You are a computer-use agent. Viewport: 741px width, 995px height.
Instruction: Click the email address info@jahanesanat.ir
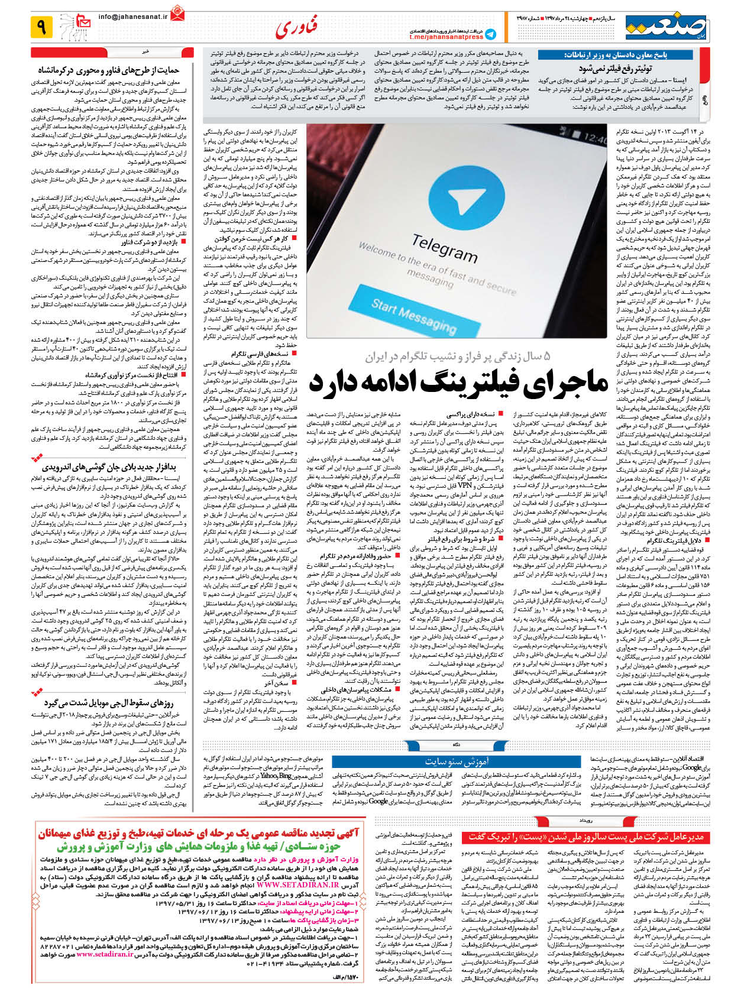[x=133, y=17]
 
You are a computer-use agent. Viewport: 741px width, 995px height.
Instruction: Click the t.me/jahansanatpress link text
[x=446, y=37]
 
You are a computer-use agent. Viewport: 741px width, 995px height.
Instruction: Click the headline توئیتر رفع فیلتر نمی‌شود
[x=615, y=68]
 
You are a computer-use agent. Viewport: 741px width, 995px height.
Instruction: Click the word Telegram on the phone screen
[x=444, y=248]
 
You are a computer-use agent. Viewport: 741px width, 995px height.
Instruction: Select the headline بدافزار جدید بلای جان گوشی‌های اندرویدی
[x=118, y=466]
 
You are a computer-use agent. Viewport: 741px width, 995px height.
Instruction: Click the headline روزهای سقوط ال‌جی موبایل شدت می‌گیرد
[x=117, y=703]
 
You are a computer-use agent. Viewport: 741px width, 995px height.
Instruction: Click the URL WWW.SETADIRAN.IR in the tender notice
[x=298, y=884]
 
